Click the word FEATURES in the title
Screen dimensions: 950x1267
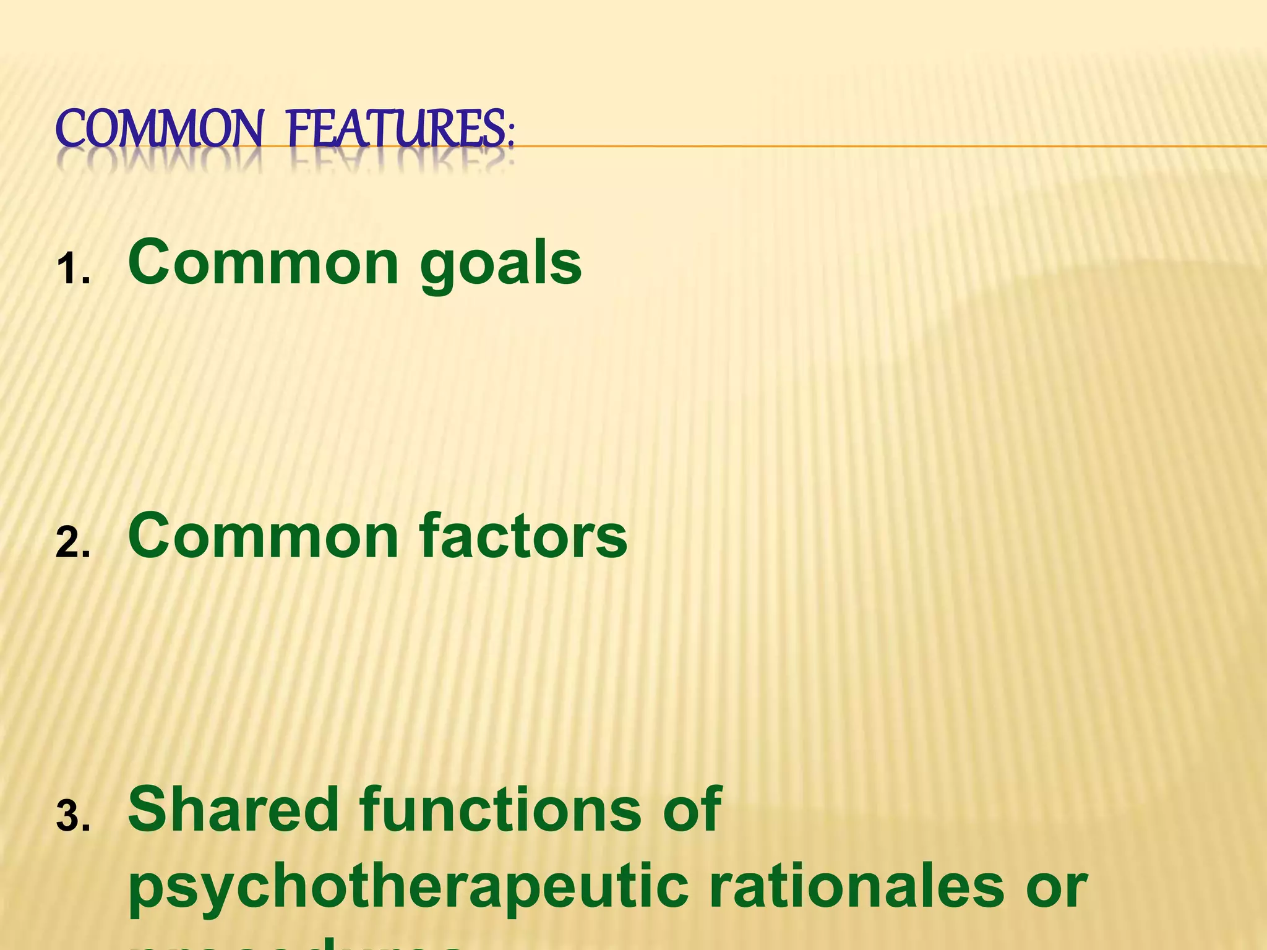coord(396,129)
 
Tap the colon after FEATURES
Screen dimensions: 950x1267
coord(510,133)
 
